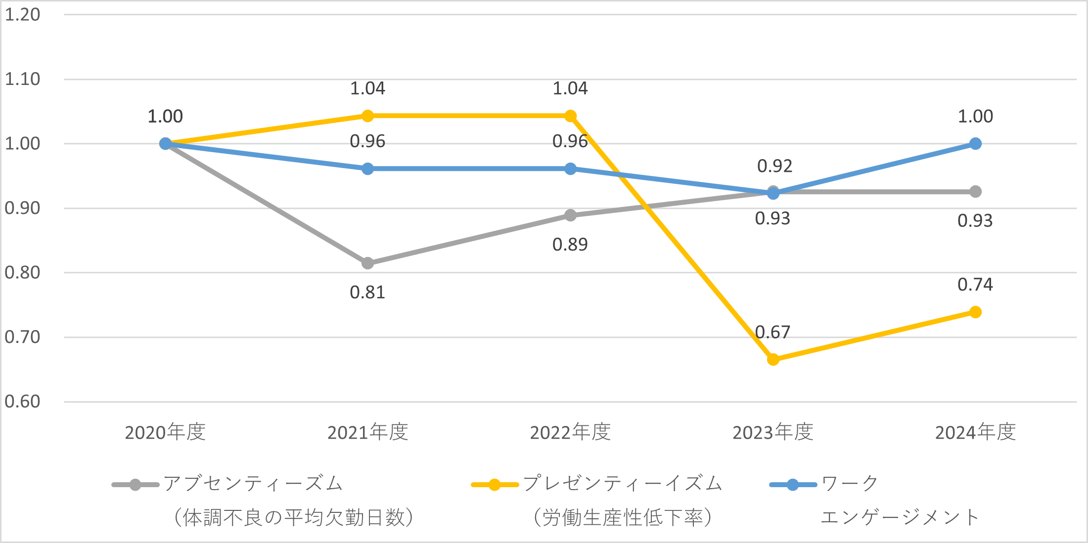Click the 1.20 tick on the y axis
coord(22,15)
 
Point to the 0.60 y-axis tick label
coord(22,402)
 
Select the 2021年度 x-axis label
coord(367,432)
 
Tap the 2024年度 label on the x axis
coord(975,432)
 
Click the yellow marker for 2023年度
coord(773,359)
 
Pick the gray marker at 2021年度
coord(367,263)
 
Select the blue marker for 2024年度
coord(975,144)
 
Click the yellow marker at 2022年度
coord(570,116)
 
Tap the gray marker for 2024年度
coord(975,192)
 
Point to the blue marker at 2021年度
coord(367,169)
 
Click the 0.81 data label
coord(367,292)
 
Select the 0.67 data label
coord(772,332)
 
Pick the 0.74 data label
coord(975,285)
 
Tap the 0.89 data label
coord(570,245)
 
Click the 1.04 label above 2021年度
coord(367,88)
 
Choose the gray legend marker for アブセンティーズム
coord(136,485)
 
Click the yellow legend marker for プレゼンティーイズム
coord(495,485)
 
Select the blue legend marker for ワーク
coord(793,485)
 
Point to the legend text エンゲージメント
coord(900,517)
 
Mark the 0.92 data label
coord(774,166)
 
